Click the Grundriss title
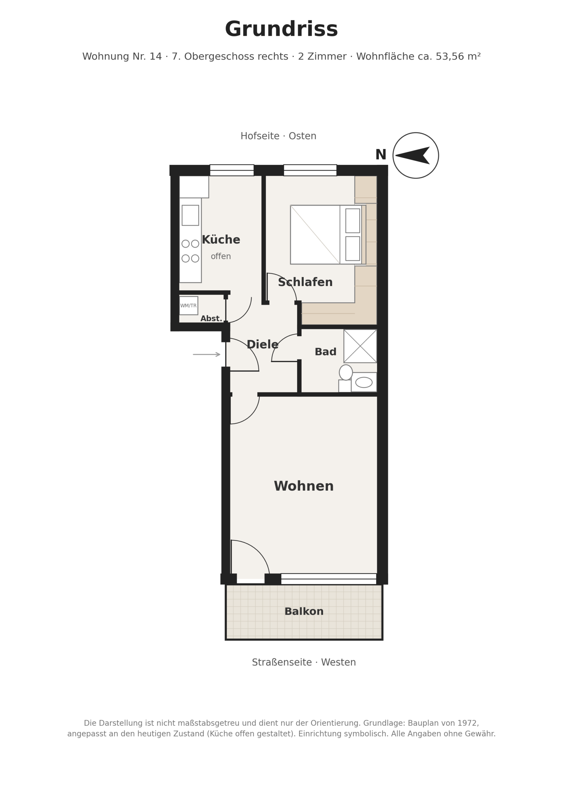(x=281, y=30)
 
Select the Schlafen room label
(x=305, y=282)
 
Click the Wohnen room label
(x=304, y=486)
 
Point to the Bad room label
(x=325, y=352)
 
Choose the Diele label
(x=262, y=345)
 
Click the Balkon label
(x=304, y=612)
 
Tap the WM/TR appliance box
(x=189, y=305)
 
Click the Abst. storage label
(x=211, y=319)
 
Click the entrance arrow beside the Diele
(x=207, y=354)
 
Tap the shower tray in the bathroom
(x=360, y=346)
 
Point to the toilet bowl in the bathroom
(x=346, y=372)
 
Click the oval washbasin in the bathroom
(x=364, y=382)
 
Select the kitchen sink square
(x=190, y=215)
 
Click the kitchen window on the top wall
(x=232, y=170)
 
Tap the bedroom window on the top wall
(x=310, y=170)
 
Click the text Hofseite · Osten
(x=278, y=136)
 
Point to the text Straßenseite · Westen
(x=304, y=663)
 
